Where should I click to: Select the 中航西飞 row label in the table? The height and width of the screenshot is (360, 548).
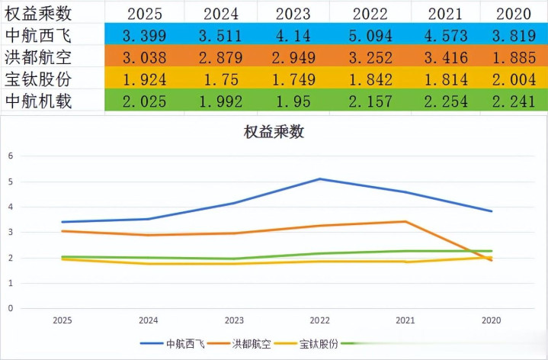click(x=37, y=34)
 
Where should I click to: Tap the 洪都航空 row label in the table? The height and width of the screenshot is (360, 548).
click(x=37, y=56)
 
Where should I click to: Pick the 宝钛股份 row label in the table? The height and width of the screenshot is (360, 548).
click(x=37, y=79)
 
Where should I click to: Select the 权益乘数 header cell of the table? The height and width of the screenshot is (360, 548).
click(x=37, y=13)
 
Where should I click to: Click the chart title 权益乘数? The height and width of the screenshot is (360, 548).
click(x=274, y=131)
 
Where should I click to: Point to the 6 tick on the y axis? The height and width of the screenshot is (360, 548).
click(x=11, y=156)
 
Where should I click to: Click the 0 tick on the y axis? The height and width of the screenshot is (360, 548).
click(x=11, y=309)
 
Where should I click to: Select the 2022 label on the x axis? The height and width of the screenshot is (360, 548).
click(x=320, y=322)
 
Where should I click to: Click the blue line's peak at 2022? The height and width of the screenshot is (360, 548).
click(x=320, y=179)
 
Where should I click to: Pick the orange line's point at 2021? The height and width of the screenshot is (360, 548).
click(x=405, y=222)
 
